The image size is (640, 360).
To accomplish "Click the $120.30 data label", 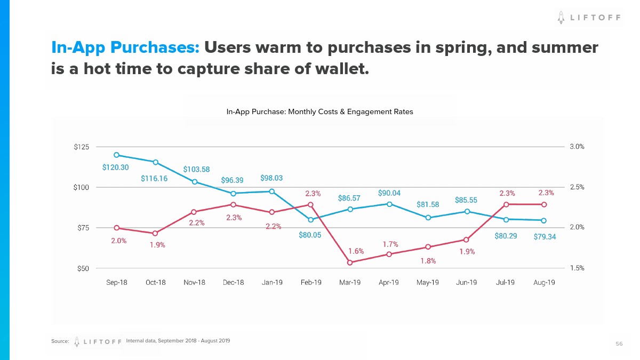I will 115,167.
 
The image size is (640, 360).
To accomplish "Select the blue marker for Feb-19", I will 310,219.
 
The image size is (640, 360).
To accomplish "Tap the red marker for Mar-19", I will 349,262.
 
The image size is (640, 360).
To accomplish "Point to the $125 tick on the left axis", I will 82,147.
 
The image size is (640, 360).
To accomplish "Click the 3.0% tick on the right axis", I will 577,147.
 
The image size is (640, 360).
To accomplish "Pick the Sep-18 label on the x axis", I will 116,282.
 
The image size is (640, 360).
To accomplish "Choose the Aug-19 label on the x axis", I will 544,282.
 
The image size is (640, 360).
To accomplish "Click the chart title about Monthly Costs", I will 319,112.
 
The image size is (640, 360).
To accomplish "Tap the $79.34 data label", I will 545,236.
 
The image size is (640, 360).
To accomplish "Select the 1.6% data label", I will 356,251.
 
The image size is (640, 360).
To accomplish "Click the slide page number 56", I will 619,344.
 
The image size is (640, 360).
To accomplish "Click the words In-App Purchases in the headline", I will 125,47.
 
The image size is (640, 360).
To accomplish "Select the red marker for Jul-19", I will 505,204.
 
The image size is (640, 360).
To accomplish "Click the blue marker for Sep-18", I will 116,155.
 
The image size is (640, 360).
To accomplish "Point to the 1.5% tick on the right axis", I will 577,268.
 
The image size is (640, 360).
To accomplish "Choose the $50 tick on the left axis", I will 83,268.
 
